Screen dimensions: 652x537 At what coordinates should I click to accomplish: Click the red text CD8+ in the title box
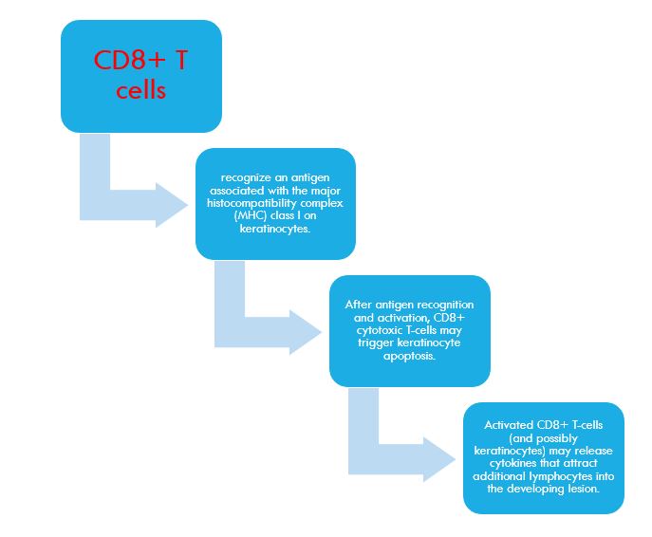[129, 60]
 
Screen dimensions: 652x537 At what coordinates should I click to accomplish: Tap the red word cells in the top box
[141, 90]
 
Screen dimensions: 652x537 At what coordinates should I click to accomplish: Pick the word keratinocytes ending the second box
[275, 229]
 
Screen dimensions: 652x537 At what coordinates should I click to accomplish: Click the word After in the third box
[358, 305]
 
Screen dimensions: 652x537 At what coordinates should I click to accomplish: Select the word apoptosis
[409, 356]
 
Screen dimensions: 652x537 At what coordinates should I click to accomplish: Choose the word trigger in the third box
[376, 343]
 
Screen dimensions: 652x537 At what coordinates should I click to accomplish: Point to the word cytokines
[513, 463]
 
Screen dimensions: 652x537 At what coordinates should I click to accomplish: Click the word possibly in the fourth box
[557, 438]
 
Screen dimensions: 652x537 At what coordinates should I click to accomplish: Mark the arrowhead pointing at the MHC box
[172, 205]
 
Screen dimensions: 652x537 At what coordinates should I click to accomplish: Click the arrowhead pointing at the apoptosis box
[306, 332]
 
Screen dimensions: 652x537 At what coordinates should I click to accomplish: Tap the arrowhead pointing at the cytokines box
[439, 460]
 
